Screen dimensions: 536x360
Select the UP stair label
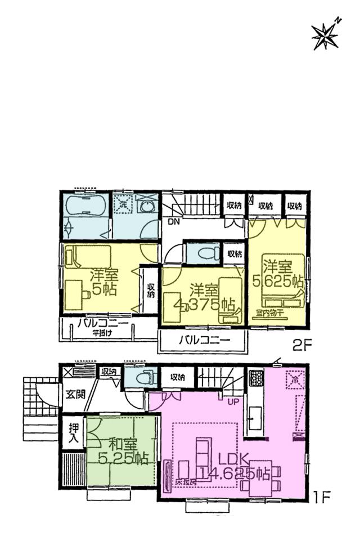[232, 402]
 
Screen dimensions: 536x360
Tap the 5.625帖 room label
[278, 273]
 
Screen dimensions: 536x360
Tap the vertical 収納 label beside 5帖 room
[151, 291]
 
